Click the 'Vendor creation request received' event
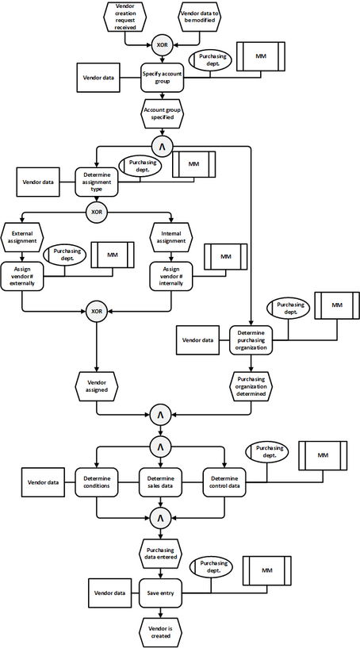[124, 16]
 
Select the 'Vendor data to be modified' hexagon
[200, 16]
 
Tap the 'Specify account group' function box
[162, 78]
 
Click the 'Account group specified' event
[162, 113]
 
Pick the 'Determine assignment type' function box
[97, 182]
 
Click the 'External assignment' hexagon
[22, 238]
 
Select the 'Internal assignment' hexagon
[171, 238]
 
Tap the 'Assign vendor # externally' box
[22, 276]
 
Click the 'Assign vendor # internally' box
[171, 276]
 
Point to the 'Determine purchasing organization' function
[251, 340]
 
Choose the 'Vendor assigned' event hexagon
[97, 386]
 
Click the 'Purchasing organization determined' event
[251, 386]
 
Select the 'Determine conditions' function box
[97, 482]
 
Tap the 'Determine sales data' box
[161, 482]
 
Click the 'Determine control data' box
[224, 482]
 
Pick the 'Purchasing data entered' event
[161, 554]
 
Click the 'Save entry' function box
[161, 593]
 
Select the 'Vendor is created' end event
[161, 633]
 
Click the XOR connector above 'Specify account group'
[162, 45]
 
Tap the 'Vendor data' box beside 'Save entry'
[110, 593]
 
